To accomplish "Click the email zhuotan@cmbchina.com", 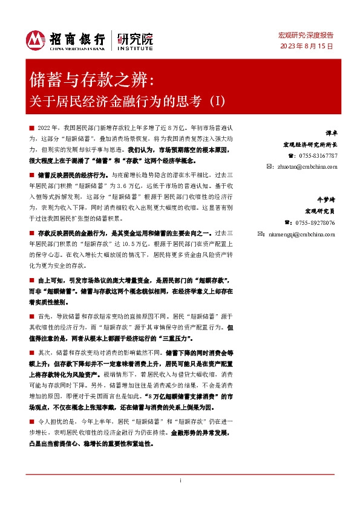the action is (306, 166).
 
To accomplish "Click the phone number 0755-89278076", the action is (317, 222).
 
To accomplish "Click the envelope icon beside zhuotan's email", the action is (270, 166).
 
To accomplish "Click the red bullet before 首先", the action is (31, 316).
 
